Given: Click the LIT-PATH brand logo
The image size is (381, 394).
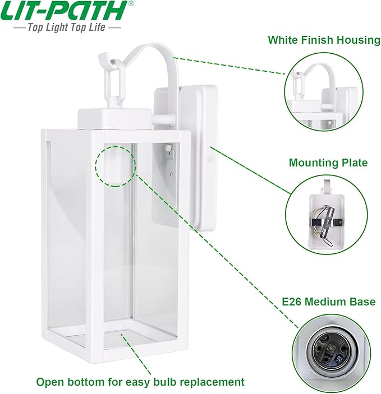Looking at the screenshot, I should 64,11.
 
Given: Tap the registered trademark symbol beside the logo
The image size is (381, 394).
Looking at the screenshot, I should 131,4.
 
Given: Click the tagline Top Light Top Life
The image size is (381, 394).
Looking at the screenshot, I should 66,27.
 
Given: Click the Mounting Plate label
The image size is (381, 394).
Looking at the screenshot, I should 328,163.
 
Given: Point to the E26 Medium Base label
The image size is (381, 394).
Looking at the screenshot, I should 328,302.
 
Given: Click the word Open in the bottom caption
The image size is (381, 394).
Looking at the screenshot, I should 50,382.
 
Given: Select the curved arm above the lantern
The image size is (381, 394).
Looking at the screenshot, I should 157,59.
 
